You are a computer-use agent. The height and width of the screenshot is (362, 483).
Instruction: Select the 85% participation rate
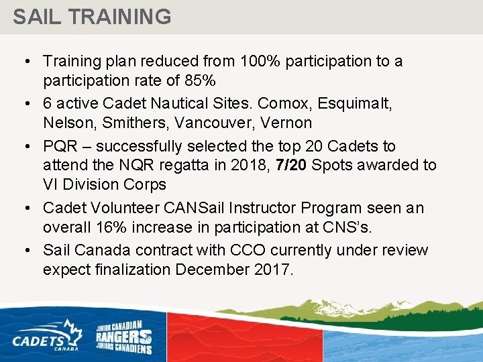point(201,81)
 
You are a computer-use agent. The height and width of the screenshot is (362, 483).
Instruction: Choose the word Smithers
point(129,123)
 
